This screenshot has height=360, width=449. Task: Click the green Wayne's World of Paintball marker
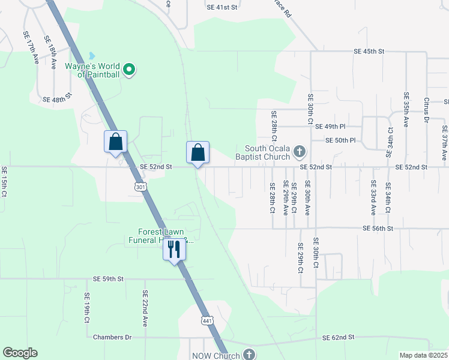pos(129,71)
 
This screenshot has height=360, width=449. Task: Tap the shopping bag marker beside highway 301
pos(116,143)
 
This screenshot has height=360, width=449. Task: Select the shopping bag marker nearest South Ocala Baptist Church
pos(197,153)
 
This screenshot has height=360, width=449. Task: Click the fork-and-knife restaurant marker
pos(174,248)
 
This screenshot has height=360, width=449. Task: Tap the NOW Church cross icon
pos(249,355)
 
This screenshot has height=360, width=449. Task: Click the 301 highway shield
pos(140,187)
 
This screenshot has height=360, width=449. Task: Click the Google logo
pos(20,353)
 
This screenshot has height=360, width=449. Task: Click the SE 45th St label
pos(369,52)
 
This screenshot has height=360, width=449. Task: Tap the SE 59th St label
pos(108,279)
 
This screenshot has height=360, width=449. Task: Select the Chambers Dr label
pos(112,337)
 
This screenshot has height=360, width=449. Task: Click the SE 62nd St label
pos(339,338)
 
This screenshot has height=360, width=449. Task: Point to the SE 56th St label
pos(378,229)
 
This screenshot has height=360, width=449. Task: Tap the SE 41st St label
pos(222,7)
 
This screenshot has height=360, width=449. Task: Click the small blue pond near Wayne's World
pos(92,56)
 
